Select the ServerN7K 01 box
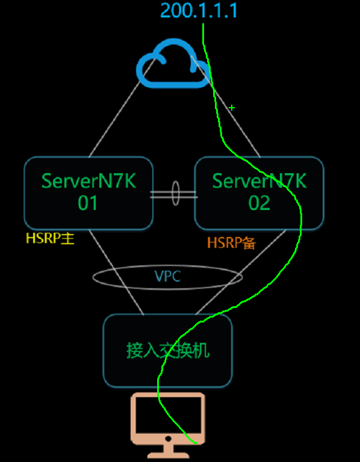(88, 192)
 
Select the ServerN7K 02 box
(259, 192)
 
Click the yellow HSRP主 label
(50, 239)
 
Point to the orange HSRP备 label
(232, 243)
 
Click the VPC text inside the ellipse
(167, 277)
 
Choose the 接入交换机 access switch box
(167, 350)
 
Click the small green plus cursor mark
(232, 108)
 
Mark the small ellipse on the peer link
(175, 194)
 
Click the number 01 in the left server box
(88, 203)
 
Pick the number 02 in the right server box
(259, 203)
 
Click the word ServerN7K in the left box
(88, 180)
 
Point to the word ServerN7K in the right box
(259, 180)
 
